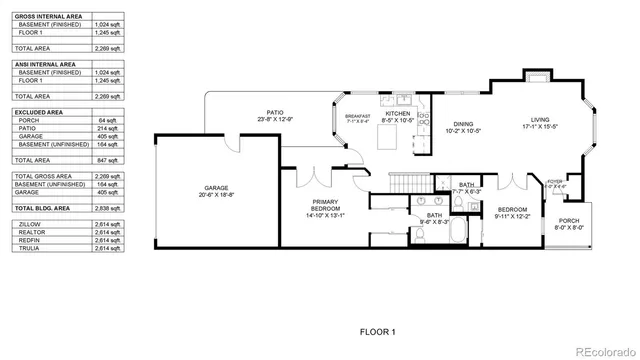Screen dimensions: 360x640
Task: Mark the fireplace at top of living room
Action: [536, 77]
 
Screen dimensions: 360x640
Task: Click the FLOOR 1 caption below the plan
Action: [378, 331]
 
